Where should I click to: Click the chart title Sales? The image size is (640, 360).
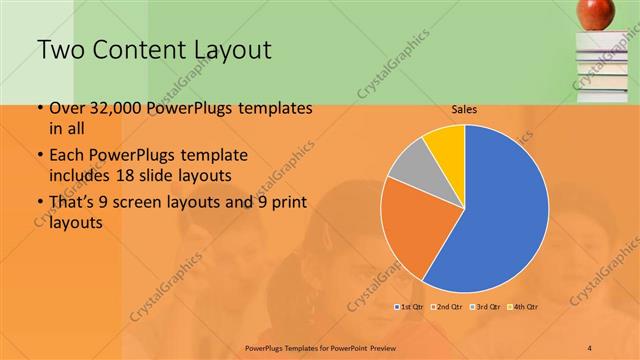[463, 110]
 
